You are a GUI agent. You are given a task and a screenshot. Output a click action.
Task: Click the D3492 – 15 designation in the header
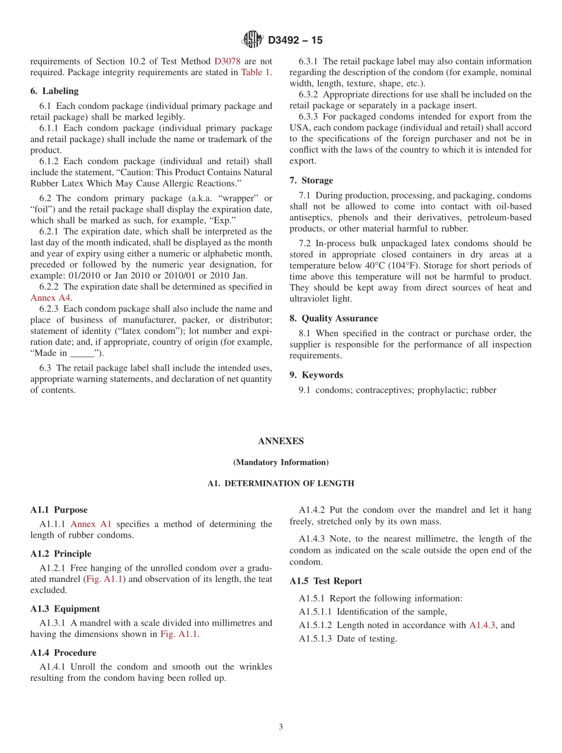coord(295,40)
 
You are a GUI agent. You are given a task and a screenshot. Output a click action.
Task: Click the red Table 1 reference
coord(256,72)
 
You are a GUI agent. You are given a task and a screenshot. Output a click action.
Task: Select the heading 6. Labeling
coord(54,91)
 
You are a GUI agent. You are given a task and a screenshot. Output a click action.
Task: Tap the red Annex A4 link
coord(50,298)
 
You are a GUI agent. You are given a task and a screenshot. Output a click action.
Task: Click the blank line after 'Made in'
coord(82,353)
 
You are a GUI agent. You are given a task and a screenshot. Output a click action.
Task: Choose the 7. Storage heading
coord(311,181)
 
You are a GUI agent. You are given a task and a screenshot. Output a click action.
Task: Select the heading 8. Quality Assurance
coord(334,318)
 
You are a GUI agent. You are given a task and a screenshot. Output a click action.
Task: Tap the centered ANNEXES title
coord(280,441)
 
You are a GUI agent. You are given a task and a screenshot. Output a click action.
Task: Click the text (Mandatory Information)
coord(280,462)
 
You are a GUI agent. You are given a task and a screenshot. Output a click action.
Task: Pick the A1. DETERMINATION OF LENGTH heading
coord(280,484)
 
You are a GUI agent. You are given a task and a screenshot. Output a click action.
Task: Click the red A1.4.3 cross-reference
coord(483,625)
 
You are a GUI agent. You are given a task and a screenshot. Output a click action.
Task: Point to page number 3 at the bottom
coord(281,728)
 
